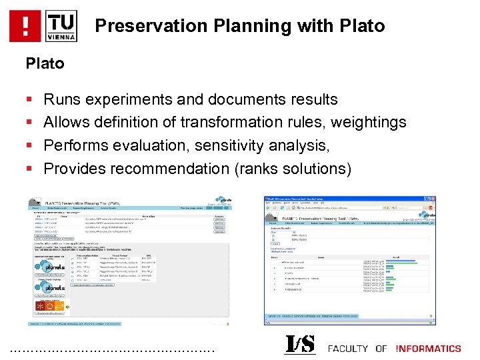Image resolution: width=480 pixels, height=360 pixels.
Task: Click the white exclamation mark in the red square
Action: [x=25, y=26]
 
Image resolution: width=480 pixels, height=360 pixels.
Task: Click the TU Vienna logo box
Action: [x=62, y=26]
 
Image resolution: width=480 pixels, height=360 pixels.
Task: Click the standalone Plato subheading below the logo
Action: [x=45, y=63]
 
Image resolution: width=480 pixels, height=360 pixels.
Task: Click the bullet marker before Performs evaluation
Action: [x=29, y=145]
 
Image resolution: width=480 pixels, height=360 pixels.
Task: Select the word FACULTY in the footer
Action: [x=349, y=348]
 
